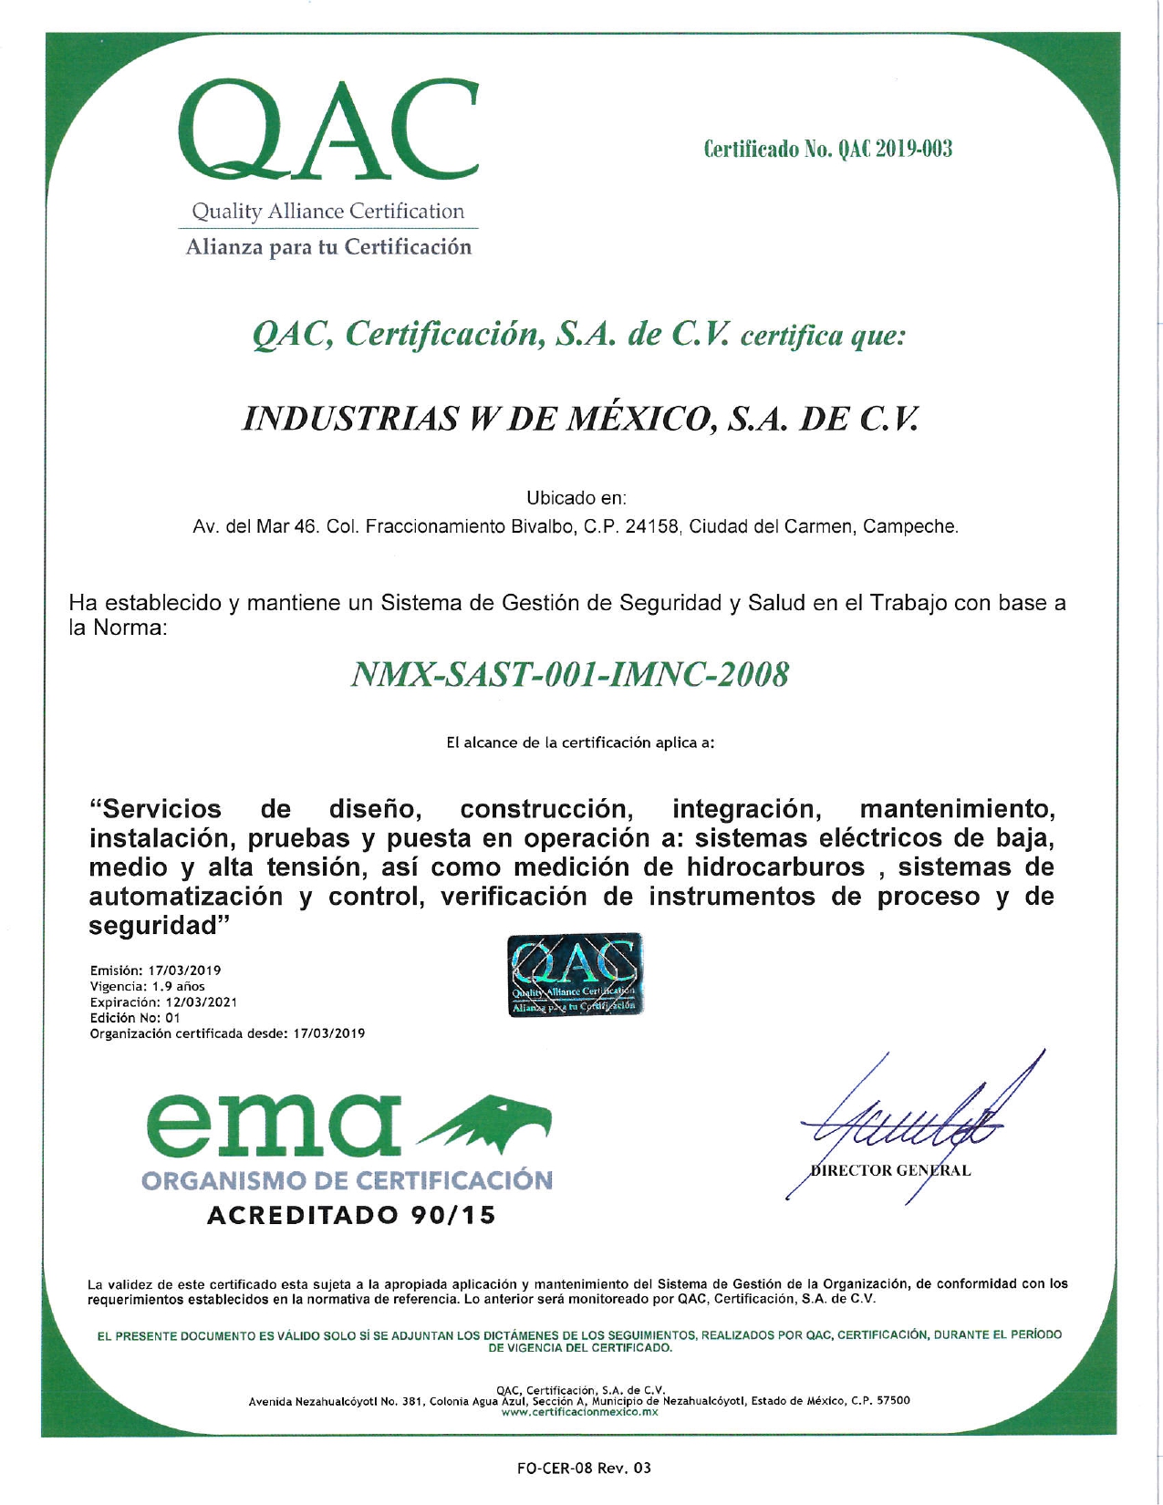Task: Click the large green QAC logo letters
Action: point(329,130)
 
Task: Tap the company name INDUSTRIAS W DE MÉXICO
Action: point(580,418)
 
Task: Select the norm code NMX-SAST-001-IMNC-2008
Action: point(570,675)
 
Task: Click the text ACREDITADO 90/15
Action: point(351,1215)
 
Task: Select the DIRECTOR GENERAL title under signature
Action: point(890,1170)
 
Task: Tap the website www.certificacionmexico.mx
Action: point(580,1412)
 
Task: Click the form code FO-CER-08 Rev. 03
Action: point(584,1468)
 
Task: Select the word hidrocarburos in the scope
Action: point(775,867)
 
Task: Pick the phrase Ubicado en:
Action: point(576,499)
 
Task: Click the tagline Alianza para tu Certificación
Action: point(329,247)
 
